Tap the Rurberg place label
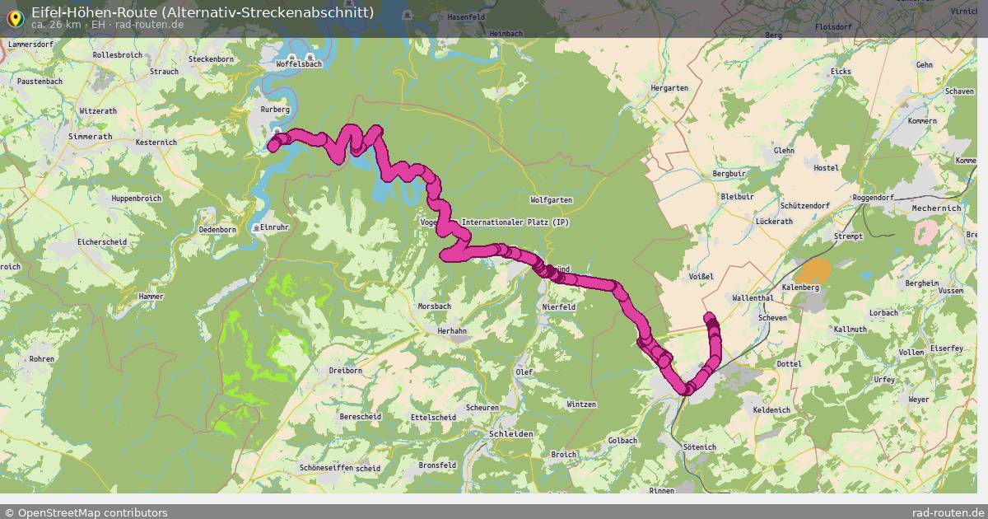pyautogui.click(x=275, y=110)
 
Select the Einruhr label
pyautogui.click(x=274, y=227)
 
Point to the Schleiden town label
pyautogui.click(x=511, y=433)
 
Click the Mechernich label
pyautogui.click(x=936, y=208)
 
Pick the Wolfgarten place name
pyautogui.click(x=551, y=200)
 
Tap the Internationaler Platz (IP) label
pyautogui.click(x=515, y=222)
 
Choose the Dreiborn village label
pyautogui.click(x=345, y=371)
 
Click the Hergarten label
pyautogui.click(x=669, y=88)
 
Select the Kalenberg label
pyautogui.click(x=800, y=288)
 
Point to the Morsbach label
pyautogui.click(x=434, y=306)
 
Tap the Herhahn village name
pyautogui.click(x=452, y=330)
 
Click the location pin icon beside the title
pyautogui.click(x=15, y=16)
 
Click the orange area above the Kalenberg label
pyautogui.click(x=815, y=271)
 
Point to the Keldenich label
pyautogui.click(x=771, y=409)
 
